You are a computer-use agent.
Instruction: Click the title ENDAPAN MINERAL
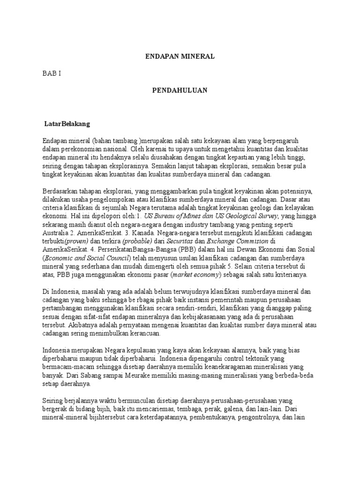[180, 56]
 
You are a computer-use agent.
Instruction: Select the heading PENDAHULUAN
[180, 90]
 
